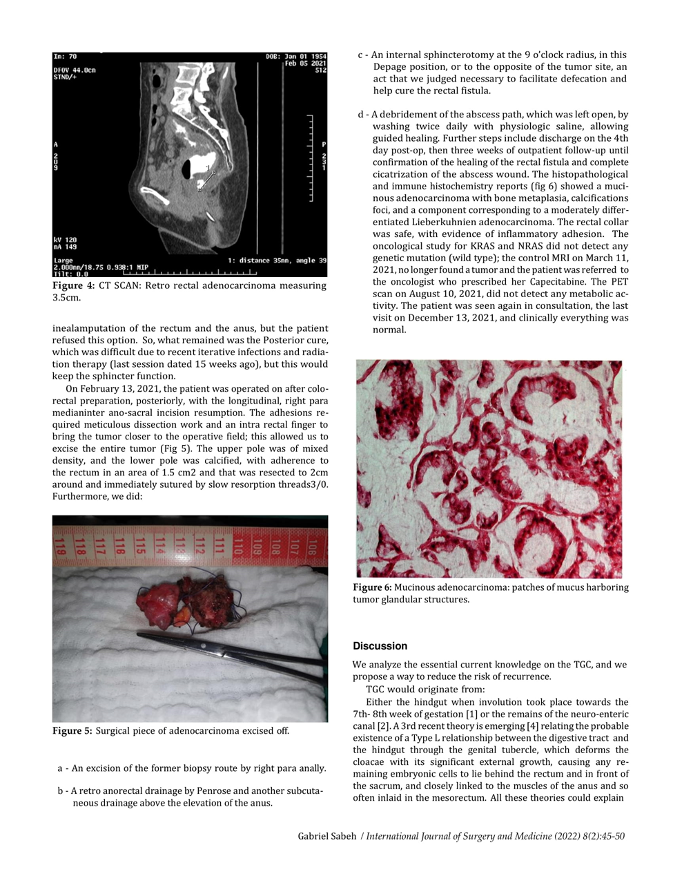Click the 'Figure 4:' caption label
(73, 286)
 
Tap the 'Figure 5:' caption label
(72, 731)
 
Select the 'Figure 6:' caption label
(372, 587)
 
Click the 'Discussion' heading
(380, 646)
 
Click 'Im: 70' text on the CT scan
(66, 57)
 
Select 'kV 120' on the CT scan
(66, 240)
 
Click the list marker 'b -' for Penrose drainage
(62, 791)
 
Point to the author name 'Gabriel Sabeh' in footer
(326, 837)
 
